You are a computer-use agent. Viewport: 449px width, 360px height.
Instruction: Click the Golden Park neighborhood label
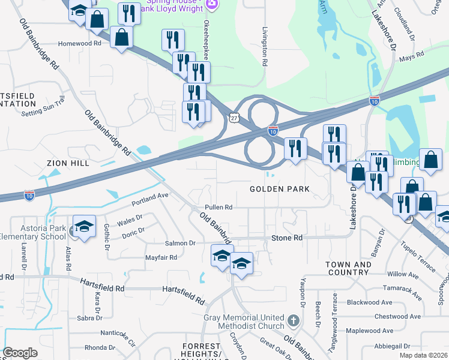(280, 189)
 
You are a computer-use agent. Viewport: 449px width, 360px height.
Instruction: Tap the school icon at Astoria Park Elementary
(85, 226)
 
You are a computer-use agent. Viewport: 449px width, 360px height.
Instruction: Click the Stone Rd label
(287, 238)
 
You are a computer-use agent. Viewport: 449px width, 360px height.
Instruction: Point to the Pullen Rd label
(218, 207)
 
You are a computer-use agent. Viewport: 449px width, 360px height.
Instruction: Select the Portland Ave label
(146, 196)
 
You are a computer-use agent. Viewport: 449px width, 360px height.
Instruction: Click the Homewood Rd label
(79, 44)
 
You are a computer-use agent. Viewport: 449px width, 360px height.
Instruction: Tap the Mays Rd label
(411, 56)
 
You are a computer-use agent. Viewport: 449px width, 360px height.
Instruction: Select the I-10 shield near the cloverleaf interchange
(273, 130)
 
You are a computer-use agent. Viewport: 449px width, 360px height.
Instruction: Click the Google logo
(20, 353)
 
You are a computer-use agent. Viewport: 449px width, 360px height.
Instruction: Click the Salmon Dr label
(180, 243)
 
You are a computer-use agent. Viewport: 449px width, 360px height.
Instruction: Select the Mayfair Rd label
(161, 257)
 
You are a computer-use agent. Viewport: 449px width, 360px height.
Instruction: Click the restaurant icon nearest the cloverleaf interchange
(295, 148)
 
